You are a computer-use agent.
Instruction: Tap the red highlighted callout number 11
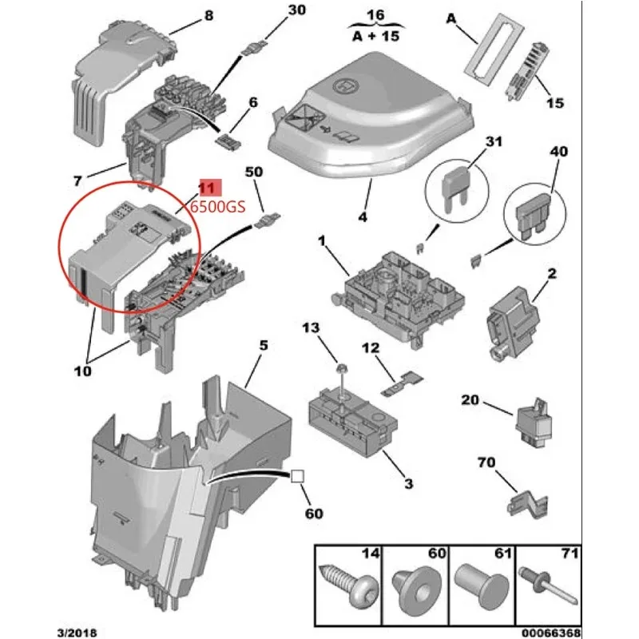[207, 188]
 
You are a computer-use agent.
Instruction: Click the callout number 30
[274, 10]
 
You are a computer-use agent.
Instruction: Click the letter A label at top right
[452, 17]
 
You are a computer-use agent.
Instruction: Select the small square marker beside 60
[296, 476]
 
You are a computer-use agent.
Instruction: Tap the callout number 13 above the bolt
[309, 328]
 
